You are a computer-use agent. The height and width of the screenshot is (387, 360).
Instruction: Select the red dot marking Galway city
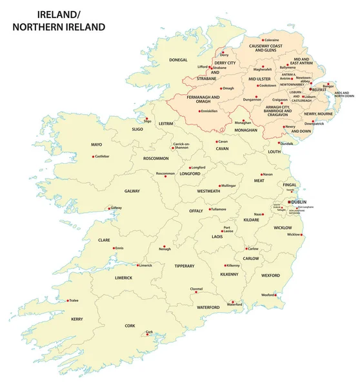(108, 208)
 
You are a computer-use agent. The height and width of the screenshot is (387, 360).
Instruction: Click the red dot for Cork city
(146, 335)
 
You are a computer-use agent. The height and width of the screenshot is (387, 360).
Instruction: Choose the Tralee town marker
(68, 300)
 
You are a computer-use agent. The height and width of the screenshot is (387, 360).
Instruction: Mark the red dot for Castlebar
(93, 156)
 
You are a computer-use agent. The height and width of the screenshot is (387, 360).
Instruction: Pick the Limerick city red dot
(137, 265)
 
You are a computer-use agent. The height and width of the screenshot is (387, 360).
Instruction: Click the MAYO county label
(97, 144)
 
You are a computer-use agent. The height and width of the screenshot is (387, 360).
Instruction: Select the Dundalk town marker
(279, 143)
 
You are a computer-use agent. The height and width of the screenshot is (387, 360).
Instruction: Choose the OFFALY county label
(196, 211)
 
